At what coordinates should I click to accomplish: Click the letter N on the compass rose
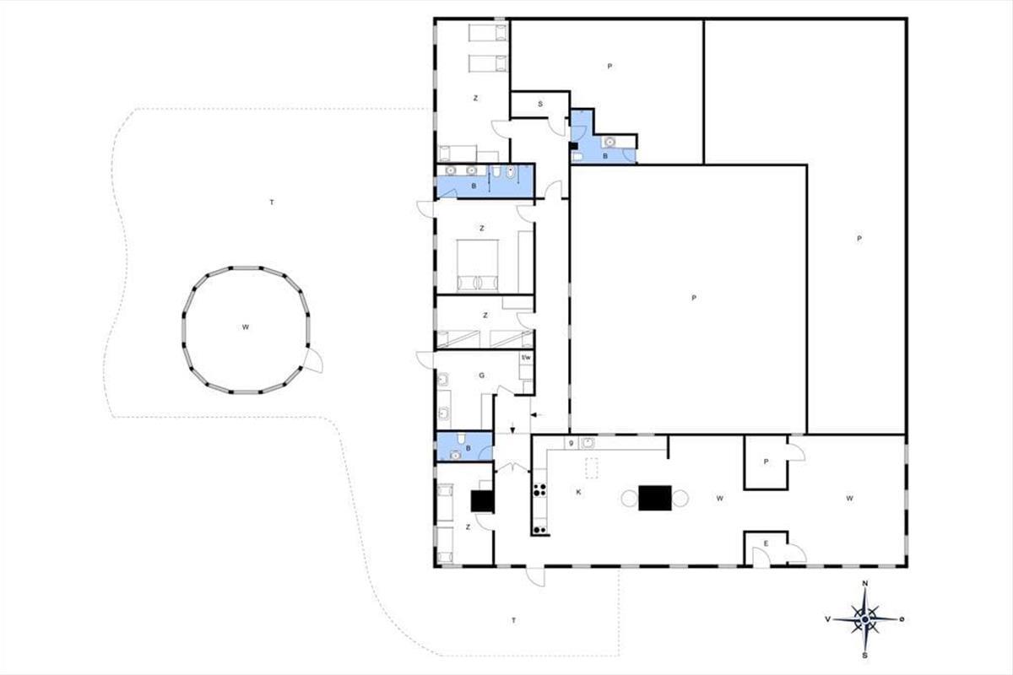pos(865,583)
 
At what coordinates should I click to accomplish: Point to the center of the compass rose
pos(864,619)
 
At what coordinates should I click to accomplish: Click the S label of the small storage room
pos(540,104)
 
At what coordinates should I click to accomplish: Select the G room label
pos(482,375)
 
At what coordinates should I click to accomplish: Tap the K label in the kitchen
pos(578,493)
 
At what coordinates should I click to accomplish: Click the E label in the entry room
pos(767,543)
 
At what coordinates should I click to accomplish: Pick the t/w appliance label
pos(526,358)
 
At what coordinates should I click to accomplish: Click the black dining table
pos(655,498)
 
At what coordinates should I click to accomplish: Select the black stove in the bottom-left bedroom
pos(482,501)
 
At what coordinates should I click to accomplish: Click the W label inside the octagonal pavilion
pos(245,327)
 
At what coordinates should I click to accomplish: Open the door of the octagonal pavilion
pos(313,360)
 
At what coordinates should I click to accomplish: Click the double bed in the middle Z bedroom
pos(477,265)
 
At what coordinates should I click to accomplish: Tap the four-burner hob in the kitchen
pos(539,489)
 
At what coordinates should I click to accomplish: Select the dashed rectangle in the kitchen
pos(592,468)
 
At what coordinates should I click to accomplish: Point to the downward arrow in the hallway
pos(512,428)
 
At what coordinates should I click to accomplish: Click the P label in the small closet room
pos(766,462)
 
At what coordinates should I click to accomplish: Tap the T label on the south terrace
pos(514,621)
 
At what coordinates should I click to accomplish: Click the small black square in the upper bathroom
pos(573,146)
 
